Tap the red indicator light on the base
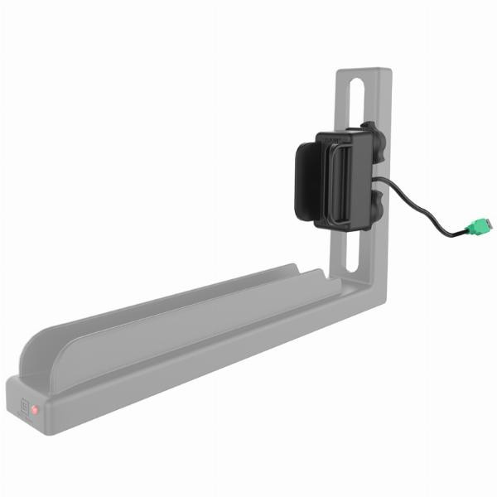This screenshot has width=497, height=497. pyautogui.click(x=34, y=410)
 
